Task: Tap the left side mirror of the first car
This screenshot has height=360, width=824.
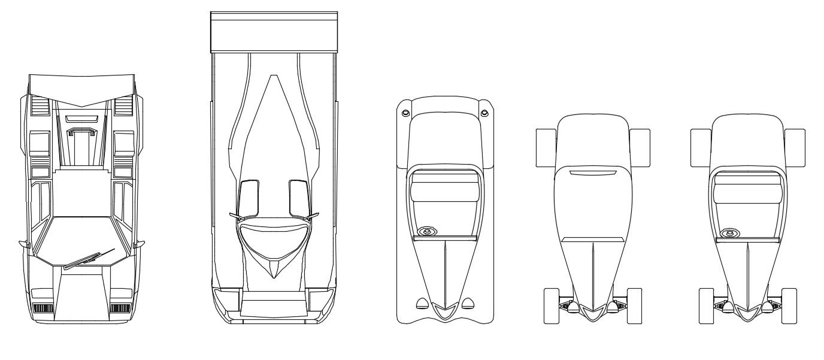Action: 24,244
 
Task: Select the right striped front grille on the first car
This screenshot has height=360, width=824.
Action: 120,308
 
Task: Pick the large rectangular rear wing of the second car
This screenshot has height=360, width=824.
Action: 274,32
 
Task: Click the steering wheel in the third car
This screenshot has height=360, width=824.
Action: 426,232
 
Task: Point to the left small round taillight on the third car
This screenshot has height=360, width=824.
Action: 405,113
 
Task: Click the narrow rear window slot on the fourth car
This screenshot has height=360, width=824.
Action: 593,173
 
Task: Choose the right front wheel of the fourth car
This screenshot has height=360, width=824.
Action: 634,305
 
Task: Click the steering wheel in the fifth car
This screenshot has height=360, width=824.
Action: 729,232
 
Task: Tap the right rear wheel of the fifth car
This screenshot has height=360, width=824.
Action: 795,147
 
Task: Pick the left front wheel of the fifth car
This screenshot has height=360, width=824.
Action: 707,305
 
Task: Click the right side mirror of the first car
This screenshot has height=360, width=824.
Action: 140,244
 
